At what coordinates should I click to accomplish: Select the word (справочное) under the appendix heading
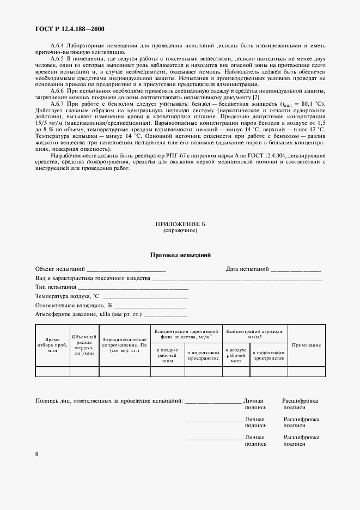(180, 230)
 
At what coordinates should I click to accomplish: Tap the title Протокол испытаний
(180, 255)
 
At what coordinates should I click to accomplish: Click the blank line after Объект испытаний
(126, 270)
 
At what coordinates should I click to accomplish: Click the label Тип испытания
(56, 287)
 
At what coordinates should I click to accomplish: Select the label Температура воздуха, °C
(68, 296)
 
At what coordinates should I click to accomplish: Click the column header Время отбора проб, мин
(52, 345)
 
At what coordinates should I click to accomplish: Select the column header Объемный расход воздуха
(84, 345)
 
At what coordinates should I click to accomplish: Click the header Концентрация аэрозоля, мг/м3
(255, 333)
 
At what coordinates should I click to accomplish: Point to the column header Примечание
(307, 345)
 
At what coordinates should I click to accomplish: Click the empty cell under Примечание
(307, 372)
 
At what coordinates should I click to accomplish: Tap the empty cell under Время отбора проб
(52, 372)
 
